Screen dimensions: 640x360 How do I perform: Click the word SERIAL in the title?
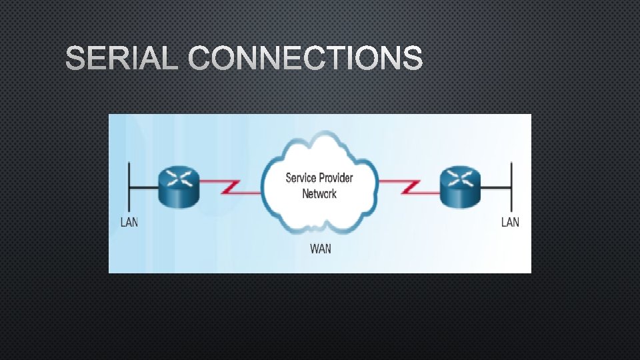tap(122, 59)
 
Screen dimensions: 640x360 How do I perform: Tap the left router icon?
tap(179, 187)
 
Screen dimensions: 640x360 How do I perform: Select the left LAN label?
tap(129, 222)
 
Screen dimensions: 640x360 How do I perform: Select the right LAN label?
tap(510, 222)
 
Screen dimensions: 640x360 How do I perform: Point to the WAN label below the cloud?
tap(320, 249)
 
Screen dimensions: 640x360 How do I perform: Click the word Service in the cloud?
tap(301, 177)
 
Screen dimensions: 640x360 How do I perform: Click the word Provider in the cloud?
tap(336, 177)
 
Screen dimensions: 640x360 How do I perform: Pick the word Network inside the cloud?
tap(319, 194)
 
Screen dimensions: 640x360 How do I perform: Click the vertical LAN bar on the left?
tap(130, 187)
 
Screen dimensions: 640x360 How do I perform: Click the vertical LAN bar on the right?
tap(511, 187)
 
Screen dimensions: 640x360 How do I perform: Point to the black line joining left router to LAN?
tap(145, 188)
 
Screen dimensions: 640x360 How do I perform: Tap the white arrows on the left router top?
tap(179, 177)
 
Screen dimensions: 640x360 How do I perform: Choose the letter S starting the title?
tap(75, 59)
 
